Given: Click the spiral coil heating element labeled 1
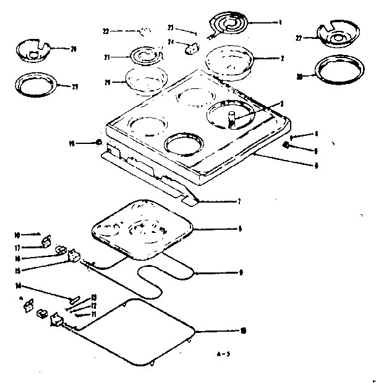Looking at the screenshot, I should click(x=230, y=25).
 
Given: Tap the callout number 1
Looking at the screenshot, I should click(x=281, y=22).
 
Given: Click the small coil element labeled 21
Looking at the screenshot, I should click(x=147, y=57).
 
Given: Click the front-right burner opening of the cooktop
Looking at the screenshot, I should click(x=184, y=147).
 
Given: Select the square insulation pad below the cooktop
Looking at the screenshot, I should click(x=141, y=229).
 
